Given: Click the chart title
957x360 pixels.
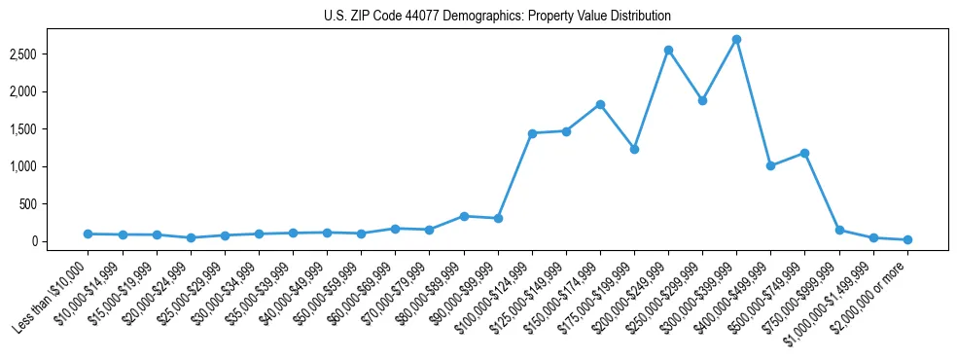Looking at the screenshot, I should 497,17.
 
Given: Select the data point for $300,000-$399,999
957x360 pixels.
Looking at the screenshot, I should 736,40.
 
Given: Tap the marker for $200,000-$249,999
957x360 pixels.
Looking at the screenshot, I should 668,50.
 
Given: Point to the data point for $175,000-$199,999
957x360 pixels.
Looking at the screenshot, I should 634,149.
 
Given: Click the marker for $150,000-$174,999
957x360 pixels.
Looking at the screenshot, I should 600,104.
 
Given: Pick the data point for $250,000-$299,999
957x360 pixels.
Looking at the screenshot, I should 702,100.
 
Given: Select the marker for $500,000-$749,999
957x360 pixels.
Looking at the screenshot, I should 804,153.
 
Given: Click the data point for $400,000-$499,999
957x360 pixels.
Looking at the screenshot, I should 770,165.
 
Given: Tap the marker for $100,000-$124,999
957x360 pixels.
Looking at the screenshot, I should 532,133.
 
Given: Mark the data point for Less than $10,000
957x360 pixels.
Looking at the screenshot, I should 89,234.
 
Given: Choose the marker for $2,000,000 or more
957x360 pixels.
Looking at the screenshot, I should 907,239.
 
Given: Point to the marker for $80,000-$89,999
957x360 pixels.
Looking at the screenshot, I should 464,216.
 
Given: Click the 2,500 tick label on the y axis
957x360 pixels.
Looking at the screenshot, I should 49,54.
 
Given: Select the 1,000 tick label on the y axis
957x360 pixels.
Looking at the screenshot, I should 49,166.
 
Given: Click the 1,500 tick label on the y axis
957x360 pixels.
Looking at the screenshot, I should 49,129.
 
